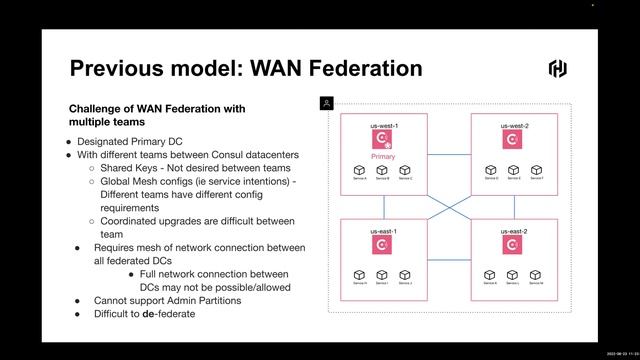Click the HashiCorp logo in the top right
point(558,68)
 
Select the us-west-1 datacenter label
point(384,125)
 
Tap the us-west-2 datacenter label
point(514,125)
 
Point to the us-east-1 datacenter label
point(384,231)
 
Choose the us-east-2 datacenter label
point(514,231)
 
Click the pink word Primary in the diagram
point(384,157)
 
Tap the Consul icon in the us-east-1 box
point(384,246)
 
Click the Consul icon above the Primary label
point(384,140)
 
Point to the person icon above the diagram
point(326,102)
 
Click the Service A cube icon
point(359,171)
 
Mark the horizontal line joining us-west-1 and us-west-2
point(449,153)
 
